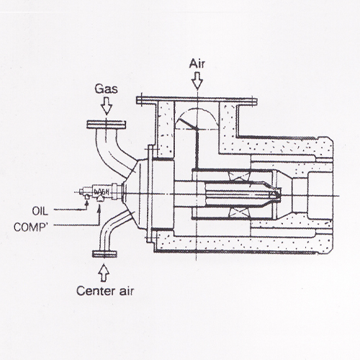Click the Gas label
[106, 89]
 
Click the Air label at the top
[197, 64]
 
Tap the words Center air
[105, 291]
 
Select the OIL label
[40, 211]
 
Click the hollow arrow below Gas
[107, 106]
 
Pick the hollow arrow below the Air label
[197, 81]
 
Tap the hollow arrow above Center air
[104, 273]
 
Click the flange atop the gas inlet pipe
[107, 125]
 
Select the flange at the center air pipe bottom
[104, 254]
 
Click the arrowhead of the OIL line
[86, 203]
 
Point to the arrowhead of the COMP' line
[99, 207]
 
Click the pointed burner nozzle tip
[279, 194]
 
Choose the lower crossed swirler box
[238, 212]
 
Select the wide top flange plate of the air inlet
[197, 101]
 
